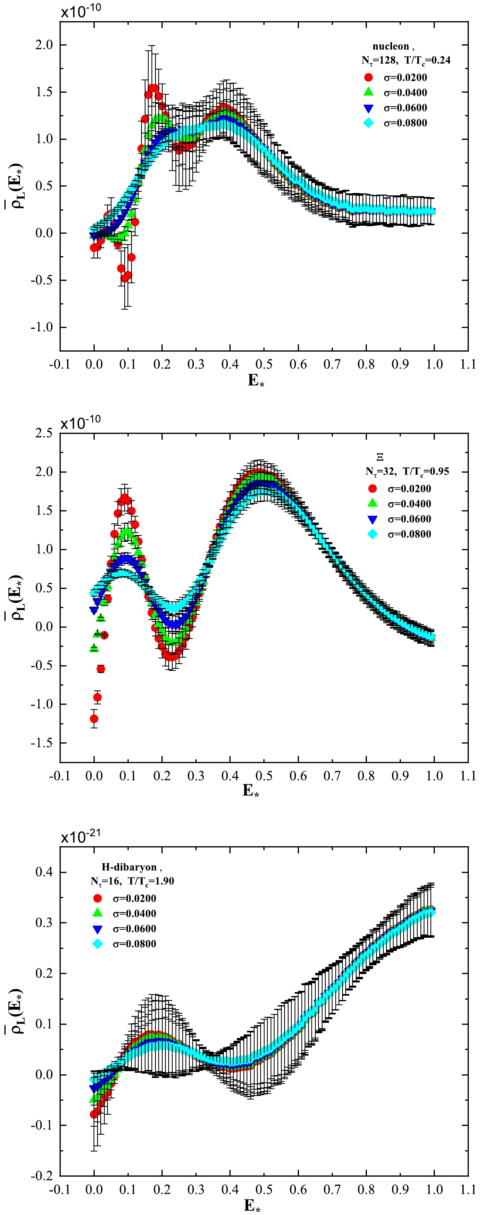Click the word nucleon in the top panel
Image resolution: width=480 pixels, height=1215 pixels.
click(x=390, y=46)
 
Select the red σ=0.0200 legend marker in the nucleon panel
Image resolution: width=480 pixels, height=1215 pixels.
click(x=368, y=78)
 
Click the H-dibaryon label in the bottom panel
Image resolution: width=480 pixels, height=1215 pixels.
click(x=129, y=867)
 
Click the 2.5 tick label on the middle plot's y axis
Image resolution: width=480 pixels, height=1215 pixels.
click(x=44, y=433)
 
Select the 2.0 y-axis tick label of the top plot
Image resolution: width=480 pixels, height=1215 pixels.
click(x=44, y=45)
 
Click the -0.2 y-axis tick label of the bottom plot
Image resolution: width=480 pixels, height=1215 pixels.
click(x=42, y=1176)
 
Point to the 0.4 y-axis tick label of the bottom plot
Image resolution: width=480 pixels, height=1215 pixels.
click(x=44, y=872)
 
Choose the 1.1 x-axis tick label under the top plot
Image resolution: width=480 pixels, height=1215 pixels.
click(x=468, y=364)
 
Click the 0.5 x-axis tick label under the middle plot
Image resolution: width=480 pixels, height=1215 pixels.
click(x=264, y=776)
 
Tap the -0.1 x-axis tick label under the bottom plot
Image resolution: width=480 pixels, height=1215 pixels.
click(x=60, y=1189)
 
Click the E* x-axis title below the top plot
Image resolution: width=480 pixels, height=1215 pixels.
click(x=256, y=380)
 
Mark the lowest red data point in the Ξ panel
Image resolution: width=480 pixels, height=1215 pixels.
click(x=94, y=719)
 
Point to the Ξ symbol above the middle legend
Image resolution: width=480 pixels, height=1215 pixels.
click(x=380, y=457)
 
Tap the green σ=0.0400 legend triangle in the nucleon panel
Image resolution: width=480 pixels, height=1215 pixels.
click(x=368, y=92)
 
